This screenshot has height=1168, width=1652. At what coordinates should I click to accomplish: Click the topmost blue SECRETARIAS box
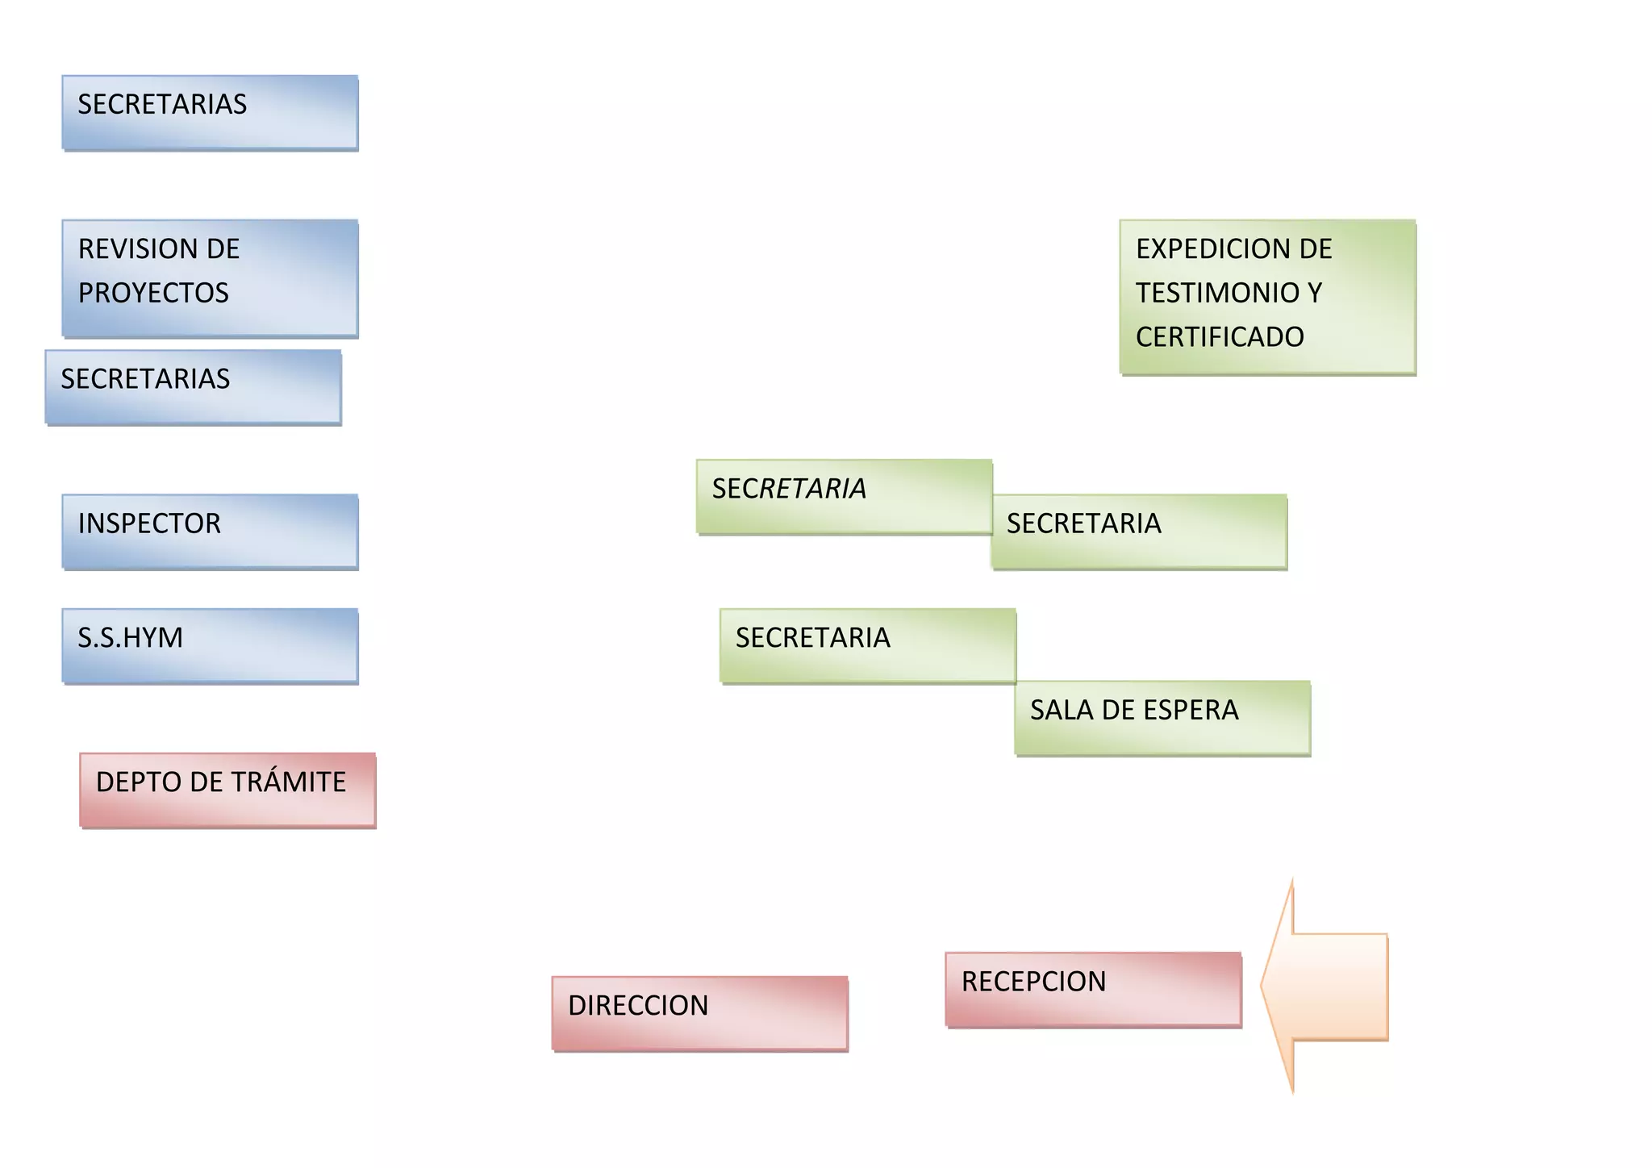(x=210, y=112)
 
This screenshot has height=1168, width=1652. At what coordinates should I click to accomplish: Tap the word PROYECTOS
(x=153, y=293)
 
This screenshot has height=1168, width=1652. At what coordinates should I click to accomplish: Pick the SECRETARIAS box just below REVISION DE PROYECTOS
(x=193, y=387)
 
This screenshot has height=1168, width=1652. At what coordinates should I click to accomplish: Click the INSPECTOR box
(x=210, y=532)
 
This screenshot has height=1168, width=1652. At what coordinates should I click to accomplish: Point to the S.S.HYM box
(x=210, y=646)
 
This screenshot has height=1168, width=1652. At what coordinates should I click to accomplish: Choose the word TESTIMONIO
(x=1216, y=293)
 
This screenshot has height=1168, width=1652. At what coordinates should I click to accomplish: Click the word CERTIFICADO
(x=1220, y=337)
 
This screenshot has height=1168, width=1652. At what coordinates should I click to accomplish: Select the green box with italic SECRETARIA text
(x=844, y=496)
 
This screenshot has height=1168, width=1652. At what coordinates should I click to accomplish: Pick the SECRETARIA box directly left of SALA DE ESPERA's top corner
(x=867, y=645)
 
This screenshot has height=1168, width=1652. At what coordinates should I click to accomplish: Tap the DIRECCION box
(x=699, y=1013)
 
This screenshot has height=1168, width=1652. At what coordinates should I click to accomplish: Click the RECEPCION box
(x=1093, y=989)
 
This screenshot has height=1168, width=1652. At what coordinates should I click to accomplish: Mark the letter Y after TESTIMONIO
(x=1315, y=293)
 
